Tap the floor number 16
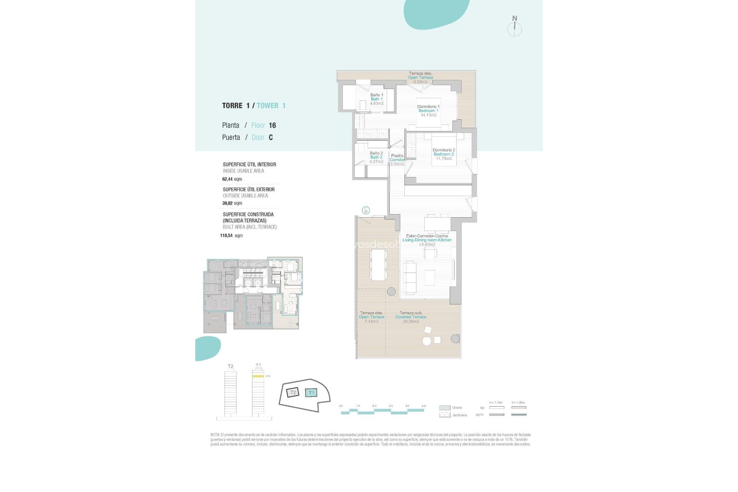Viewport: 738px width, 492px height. (x=272, y=125)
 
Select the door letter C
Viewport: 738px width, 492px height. (x=271, y=138)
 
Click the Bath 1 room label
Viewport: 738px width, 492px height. (x=377, y=99)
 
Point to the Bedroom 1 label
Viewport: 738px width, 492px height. (x=428, y=111)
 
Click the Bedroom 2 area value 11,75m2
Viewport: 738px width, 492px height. (x=444, y=159)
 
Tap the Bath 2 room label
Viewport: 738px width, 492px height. (x=376, y=157)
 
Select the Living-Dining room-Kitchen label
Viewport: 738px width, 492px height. (x=427, y=240)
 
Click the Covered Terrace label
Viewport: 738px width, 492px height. (x=411, y=317)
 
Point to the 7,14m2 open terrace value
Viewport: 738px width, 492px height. (x=371, y=321)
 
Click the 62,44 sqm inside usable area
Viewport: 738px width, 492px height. (x=232, y=179)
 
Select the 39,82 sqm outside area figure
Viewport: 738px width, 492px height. (x=232, y=203)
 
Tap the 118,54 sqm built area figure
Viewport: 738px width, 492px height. (x=231, y=236)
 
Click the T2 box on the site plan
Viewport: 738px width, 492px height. (x=293, y=392)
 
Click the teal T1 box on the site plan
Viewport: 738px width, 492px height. (x=311, y=392)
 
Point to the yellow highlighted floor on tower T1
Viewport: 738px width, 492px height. (x=258, y=376)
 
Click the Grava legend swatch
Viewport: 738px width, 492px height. (x=444, y=408)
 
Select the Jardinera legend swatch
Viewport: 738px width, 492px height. (x=444, y=415)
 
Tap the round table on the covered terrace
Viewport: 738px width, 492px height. (x=427, y=341)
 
